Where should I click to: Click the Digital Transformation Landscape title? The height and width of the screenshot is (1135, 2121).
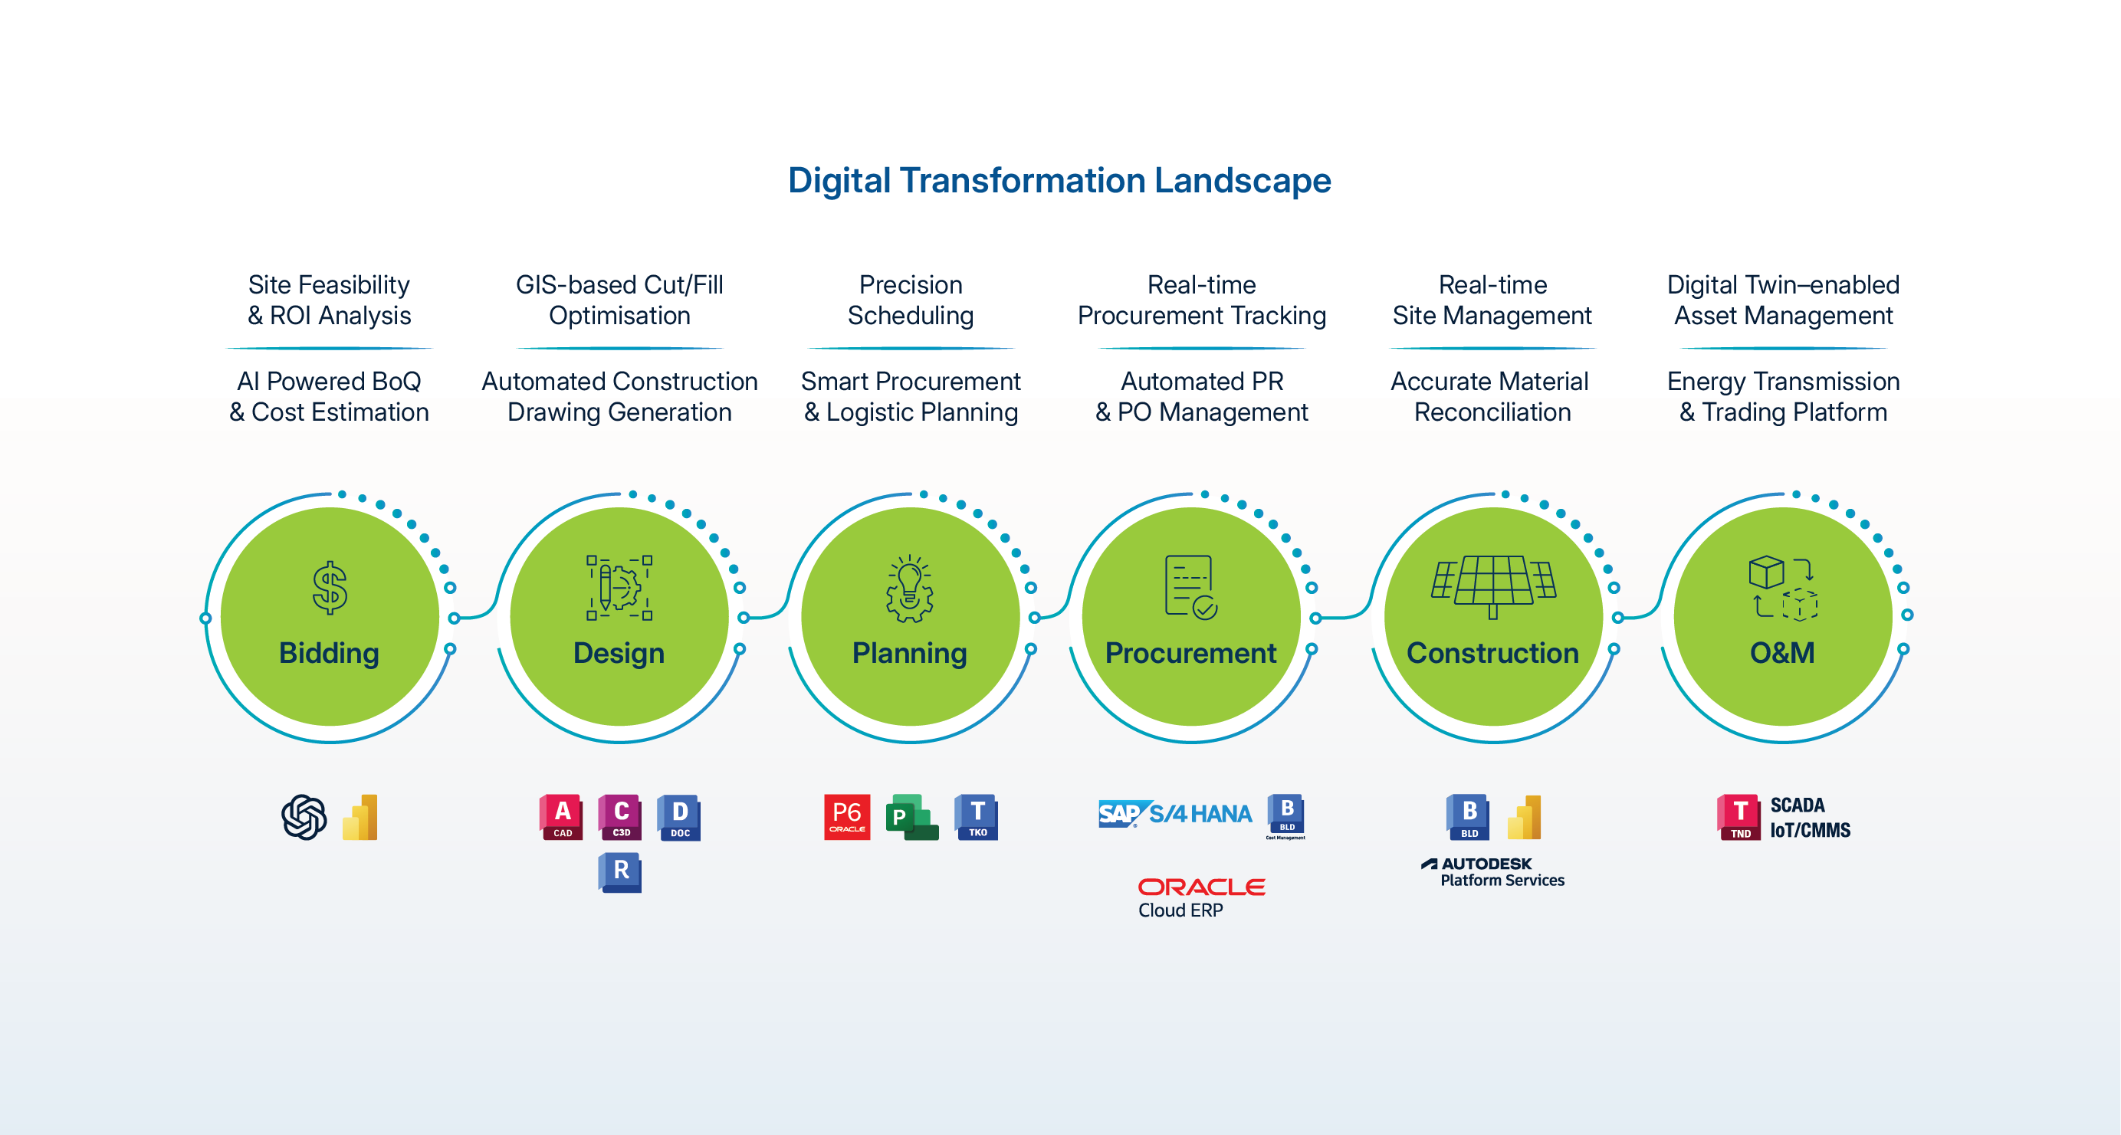click(x=1059, y=180)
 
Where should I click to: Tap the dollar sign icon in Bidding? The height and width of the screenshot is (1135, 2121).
click(x=330, y=588)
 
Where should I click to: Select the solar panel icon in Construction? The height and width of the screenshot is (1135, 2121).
click(x=1492, y=586)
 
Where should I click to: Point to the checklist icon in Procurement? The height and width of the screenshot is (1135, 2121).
click(x=1190, y=587)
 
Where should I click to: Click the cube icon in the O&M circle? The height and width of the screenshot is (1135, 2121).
click(x=1783, y=587)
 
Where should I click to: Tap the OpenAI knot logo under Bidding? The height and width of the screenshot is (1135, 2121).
click(x=304, y=816)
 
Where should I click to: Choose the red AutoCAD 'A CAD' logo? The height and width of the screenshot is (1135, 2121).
click(x=563, y=816)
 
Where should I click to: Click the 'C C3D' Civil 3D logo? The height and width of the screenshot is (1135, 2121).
click(x=621, y=816)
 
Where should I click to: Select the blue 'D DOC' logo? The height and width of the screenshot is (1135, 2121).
click(x=679, y=816)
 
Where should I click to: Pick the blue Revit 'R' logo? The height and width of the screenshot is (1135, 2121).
click(x=620, y=872)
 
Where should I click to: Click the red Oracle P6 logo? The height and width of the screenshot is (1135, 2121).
click(x=846, y=816)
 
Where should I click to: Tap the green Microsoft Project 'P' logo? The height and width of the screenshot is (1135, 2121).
click(x=911, y=816)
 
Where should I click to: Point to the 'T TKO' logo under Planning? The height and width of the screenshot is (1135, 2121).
click(x=977, y=816)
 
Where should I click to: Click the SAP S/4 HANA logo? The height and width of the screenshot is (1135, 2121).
click(x=1175, y=814)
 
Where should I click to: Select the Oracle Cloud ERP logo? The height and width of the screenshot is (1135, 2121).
click(x=1200, y=897)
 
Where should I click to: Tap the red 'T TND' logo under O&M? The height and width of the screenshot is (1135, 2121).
click(x=1739, y=816)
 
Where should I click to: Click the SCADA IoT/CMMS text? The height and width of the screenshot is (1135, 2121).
click(x=1810, y=817)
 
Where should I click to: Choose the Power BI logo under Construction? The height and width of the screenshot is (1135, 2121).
click(x=1524, y=816)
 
